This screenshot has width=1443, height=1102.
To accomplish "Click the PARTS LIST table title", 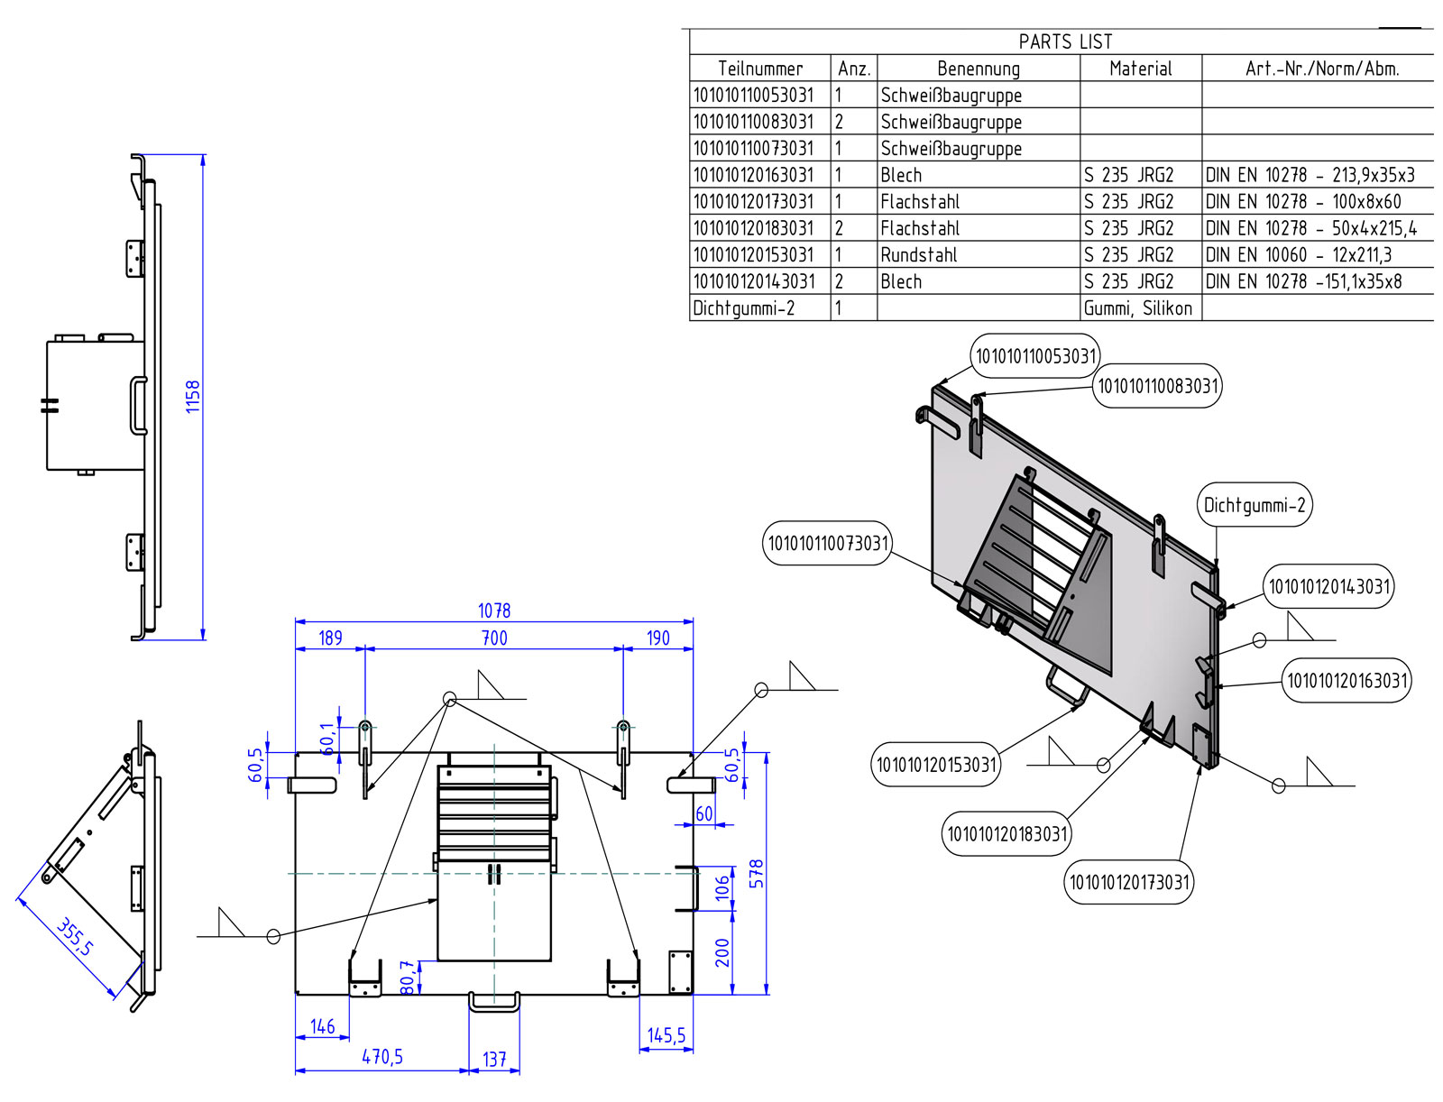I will click(x=1065, y=41).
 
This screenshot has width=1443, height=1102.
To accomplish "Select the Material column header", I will click(x=1140, y=69).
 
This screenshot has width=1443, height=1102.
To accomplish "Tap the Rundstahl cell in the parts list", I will click(x=919, y=255).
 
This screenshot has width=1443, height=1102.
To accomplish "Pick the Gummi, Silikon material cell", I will click(x=1138, y=308).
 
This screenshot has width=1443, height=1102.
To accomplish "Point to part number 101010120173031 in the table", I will click(x=753, y=202).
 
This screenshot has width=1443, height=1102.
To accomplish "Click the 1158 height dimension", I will click(x=192, y=397).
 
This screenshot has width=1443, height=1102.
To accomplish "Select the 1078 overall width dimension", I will click(x=494, y=611).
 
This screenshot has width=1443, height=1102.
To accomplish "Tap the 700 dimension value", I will click(x=494, y=638).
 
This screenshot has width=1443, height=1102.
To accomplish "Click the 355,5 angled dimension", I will click(x=75, y=937).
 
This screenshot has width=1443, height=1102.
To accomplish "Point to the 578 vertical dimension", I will click(x=757, y=873).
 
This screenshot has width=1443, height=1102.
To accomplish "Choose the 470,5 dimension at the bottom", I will click(x=382, y=1057).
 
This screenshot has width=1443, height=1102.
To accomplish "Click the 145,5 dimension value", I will click(x=666, y=1035).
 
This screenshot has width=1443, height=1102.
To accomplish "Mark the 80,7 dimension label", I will click(x=408, y=978).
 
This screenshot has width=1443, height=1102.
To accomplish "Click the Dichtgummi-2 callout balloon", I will click(x=1255, y=505).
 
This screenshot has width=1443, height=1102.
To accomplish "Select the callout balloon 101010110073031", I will click(x=828, y=543).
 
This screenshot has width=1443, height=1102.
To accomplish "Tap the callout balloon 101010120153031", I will click(x=936, y=765).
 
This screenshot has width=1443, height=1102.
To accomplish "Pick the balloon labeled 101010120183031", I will click(x=1007, y=834).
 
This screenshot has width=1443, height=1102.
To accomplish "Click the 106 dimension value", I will click(x=722, y=888).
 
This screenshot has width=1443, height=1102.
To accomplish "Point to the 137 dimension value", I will click(x=494, y=1059).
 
